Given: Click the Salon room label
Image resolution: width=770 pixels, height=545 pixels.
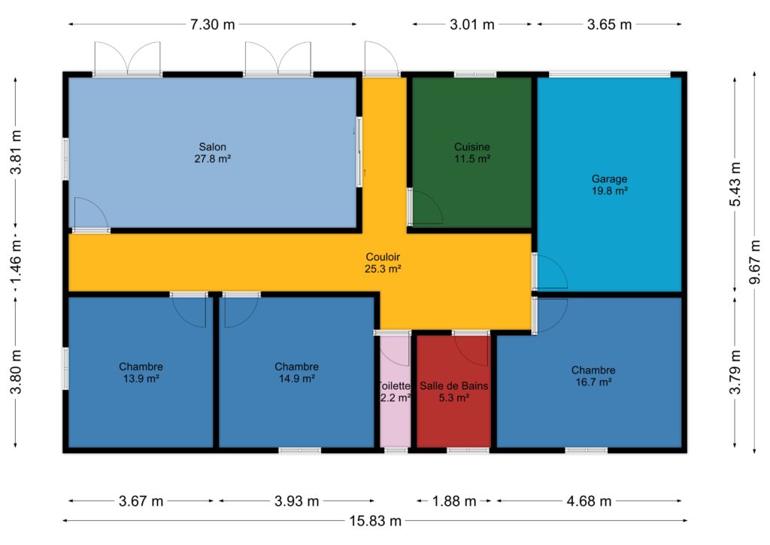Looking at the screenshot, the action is pos(213,152).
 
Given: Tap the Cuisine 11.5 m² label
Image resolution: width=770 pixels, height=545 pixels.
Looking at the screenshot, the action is pos(472,152).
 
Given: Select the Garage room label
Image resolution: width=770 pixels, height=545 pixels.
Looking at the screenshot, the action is pos(609,184).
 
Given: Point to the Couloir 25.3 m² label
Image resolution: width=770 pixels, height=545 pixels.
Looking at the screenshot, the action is pos(383,263).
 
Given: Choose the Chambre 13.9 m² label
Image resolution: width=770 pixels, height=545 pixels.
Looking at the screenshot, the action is pos(141,372).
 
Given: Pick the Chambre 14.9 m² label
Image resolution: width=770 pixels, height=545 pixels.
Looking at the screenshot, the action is pos(296,372).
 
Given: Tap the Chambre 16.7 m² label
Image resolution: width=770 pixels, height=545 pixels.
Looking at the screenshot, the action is pos(593,376).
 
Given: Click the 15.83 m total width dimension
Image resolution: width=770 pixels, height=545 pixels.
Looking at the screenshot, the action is pos(375,520).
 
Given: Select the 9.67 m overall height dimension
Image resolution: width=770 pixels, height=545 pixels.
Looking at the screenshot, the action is pos(755,261).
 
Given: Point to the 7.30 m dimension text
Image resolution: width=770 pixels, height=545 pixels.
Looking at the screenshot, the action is pos(213,24).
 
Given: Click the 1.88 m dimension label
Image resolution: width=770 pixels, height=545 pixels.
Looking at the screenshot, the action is pos(453,501).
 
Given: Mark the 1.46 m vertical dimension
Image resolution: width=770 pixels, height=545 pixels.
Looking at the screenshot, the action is pos(16,261).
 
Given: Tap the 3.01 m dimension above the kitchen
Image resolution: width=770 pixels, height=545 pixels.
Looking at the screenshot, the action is pos(472,24).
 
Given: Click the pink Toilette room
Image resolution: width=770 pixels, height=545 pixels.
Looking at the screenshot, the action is pos(395,391).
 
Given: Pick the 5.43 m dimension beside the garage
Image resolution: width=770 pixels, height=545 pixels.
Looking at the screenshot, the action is pos(735,184).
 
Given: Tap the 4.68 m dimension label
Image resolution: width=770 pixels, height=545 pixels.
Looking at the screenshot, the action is pos(589,501).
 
